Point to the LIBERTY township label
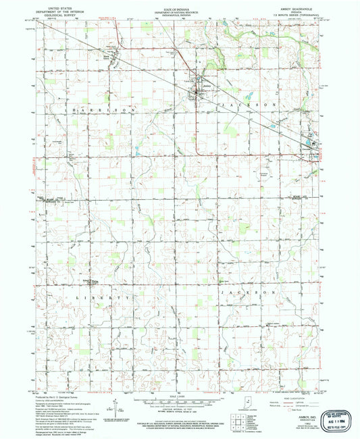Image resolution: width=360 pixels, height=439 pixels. click(x=94, y=298)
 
